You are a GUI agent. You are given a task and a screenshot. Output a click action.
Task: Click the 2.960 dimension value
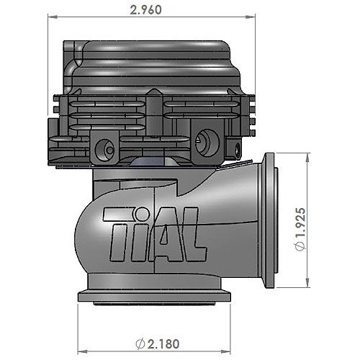coord(145,10)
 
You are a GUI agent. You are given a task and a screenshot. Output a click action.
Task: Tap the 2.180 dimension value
coord(163,344)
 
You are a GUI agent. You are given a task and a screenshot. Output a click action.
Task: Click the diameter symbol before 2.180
coord(140,344)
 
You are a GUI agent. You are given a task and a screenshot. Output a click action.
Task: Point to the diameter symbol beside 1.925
coord(301,246)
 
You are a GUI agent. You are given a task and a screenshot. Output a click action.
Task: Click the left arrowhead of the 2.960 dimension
coord(53,17)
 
